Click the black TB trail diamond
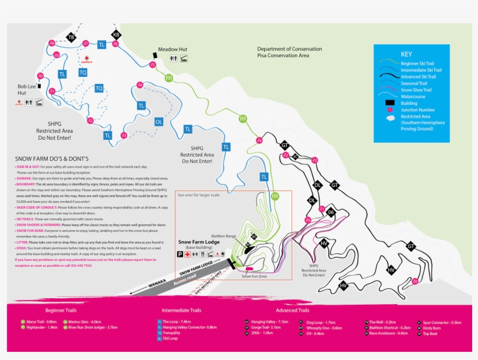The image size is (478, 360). (71, 37)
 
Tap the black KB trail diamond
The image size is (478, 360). (116, 34)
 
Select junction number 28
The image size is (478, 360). (52, 44)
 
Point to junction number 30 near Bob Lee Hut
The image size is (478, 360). (40, 76)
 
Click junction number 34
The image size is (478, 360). (139, 85)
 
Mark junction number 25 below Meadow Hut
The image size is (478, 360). (153, 65)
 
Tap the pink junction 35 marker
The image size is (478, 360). (414, 281)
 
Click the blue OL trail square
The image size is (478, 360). (158, 122)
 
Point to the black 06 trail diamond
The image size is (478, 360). (331, 213)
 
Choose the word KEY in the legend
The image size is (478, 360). (406, 54)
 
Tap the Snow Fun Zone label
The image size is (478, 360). (254, 276)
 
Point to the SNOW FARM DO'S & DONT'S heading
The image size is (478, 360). (52, 158)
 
